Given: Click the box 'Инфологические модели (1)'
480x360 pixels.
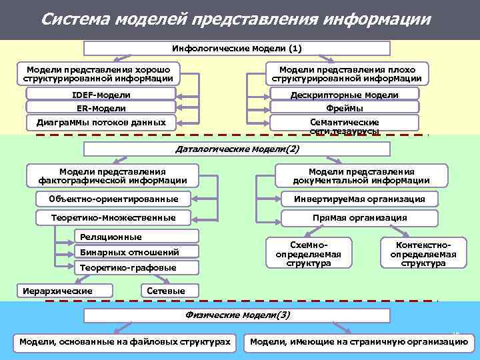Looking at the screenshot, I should tap(237, 48).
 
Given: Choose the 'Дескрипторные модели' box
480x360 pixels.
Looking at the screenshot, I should tap(344, 95).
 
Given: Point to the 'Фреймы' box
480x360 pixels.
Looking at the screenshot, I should tap(344, 108).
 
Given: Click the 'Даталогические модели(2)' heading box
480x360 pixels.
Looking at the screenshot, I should tap(237, 148).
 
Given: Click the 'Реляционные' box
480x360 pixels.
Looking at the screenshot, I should tap(136, 237).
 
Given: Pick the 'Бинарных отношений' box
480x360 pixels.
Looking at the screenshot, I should tap(136, 252).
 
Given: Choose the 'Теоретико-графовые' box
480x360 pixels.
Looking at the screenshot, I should tap(136, 267).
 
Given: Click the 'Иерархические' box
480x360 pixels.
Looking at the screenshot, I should tap(65, 291).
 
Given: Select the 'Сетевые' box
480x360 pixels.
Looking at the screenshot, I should tap(162, 291).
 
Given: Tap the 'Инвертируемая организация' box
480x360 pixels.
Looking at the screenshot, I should tap(360, 199).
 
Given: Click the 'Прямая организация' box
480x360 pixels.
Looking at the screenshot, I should tap(360, 217).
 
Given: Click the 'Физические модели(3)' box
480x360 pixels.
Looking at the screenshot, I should tap(237, 315).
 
